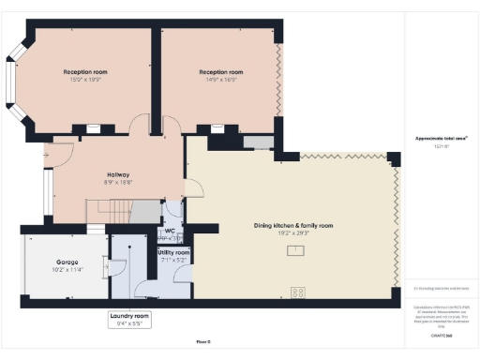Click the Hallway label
(x=118, y=174)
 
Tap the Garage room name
(x=66, y=262)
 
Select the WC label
(x=170, y=231)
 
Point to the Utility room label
(x=174, y=252)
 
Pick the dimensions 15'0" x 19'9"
(x=86, y=81)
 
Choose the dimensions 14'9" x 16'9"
(x=221, y=81)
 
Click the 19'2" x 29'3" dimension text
(x=294, y=232)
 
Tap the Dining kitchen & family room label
(x=294, y=225)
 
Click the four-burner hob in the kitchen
(x=299, y=292)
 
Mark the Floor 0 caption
(x=202, y=343)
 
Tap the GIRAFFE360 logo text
(x=442, y=335)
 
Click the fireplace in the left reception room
(x=95, y=129)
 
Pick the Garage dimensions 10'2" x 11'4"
(x=66, y=269)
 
